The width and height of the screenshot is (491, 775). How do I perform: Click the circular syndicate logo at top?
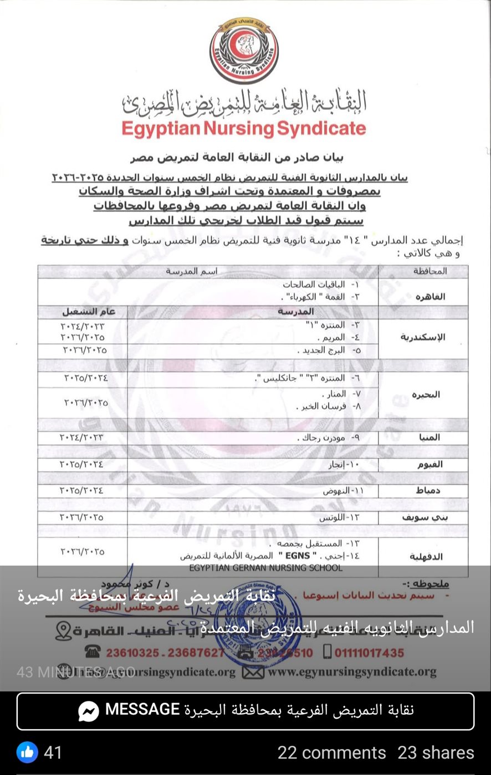point(244,50)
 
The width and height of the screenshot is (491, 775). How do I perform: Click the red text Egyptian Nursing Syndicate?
point(244,128)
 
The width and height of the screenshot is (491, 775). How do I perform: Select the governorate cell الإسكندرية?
point(423,337)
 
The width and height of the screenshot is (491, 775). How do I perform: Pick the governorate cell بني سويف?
point(424,518)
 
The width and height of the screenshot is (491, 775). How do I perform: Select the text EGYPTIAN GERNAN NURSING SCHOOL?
point(265,567)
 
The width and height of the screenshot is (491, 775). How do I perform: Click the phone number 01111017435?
point(369,653)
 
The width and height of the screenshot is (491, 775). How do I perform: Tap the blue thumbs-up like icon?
point(27,752)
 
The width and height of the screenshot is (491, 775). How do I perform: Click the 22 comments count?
point(331,752)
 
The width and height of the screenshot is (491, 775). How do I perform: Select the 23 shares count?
point(436,752)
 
